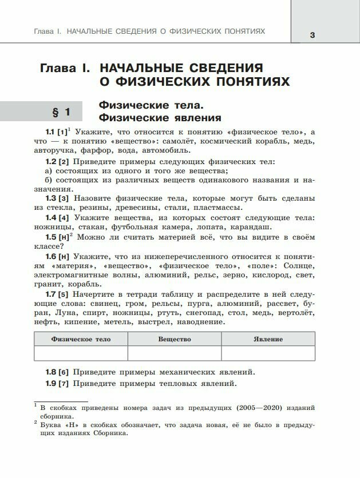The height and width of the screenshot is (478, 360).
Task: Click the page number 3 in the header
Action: pos(312,35)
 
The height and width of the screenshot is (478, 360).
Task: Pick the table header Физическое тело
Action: pos(81,339)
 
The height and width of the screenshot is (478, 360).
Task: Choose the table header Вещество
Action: pos(175,339)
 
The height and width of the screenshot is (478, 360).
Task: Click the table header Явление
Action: pos(268,339)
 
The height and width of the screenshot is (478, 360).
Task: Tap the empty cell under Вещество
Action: pos(175,353)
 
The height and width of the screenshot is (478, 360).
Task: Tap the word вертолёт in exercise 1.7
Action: pos(295,313)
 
